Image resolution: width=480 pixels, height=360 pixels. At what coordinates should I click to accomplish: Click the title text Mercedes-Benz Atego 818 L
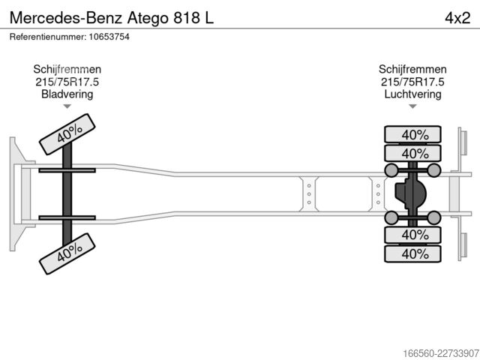(112, 18)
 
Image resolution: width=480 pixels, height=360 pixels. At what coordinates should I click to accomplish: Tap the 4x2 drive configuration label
(457, 18)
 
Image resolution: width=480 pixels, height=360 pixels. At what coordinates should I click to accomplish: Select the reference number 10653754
(109, 37)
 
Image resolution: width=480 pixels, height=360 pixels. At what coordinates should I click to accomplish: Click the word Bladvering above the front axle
(67, 94)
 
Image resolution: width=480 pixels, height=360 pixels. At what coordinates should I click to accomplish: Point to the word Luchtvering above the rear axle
(412, 94)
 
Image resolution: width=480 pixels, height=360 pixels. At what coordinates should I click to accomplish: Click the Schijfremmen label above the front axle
(67, 69)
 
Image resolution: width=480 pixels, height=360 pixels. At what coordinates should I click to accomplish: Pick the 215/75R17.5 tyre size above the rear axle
(412, 82)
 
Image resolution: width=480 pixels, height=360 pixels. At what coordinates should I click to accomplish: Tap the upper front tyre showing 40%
(67, 134)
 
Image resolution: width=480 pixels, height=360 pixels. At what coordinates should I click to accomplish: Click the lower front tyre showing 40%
(67, 253)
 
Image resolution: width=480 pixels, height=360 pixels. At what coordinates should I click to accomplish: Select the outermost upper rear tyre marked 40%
(412, 134)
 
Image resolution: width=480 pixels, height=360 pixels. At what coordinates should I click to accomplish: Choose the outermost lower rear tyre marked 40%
(412, 253)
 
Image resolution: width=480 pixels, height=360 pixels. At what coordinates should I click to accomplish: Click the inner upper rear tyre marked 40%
(412, 153)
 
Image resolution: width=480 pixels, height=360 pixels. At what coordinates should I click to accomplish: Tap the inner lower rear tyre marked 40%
(412, 235)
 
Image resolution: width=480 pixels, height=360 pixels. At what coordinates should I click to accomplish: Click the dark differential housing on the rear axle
(410, 193)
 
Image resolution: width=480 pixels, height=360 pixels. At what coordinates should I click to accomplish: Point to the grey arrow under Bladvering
(67, 106)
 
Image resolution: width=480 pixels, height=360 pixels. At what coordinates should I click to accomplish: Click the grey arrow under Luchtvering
(412, 106)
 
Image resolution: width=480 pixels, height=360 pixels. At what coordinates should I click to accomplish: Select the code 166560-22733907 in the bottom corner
(441, 353)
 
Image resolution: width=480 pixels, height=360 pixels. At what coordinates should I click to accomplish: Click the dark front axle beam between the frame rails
(67, 194)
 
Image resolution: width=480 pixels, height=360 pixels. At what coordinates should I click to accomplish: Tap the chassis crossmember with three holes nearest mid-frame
(309, 194)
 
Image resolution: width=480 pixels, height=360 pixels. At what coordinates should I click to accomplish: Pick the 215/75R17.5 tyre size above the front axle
(67, 82)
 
